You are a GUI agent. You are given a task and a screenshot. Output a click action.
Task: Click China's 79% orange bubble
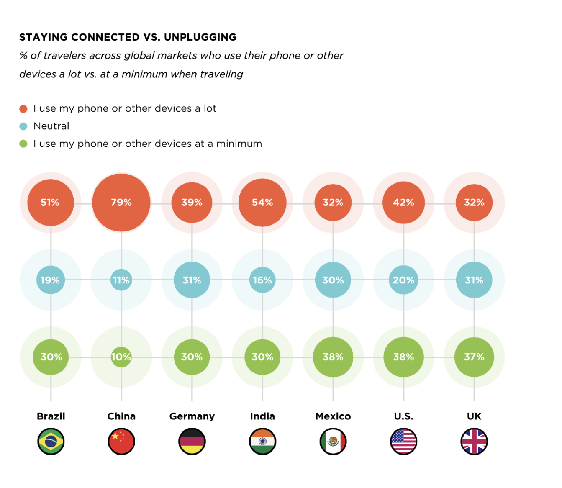121,203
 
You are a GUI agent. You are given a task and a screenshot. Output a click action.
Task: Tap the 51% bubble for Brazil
51,203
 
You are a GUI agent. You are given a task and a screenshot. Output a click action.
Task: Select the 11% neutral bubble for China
121,280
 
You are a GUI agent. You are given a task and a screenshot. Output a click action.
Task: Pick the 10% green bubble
121,357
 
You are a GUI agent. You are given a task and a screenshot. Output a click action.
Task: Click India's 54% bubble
262,203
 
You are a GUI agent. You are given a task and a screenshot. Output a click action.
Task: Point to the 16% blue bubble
262,280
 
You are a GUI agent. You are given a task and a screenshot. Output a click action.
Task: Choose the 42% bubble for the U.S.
403,203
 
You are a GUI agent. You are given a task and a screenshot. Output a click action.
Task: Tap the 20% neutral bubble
403,280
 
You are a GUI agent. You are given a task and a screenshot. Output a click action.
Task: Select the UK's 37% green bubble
474,357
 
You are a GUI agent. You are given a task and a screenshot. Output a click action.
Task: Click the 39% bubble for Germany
192,203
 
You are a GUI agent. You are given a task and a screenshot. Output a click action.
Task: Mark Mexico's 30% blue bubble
333,280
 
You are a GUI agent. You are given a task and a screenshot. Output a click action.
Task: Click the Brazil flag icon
51,442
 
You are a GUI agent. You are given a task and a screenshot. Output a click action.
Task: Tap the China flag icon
121,442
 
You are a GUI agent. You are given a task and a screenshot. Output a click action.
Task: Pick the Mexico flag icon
333,442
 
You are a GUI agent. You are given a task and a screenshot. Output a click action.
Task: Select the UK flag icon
474,442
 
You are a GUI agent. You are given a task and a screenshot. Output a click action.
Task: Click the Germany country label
192,416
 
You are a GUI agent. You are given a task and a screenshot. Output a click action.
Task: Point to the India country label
262,416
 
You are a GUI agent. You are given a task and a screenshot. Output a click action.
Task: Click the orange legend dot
23,109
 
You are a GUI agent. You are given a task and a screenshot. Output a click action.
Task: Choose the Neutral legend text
51,126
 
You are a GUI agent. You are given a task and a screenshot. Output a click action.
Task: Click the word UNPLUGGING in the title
200,37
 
